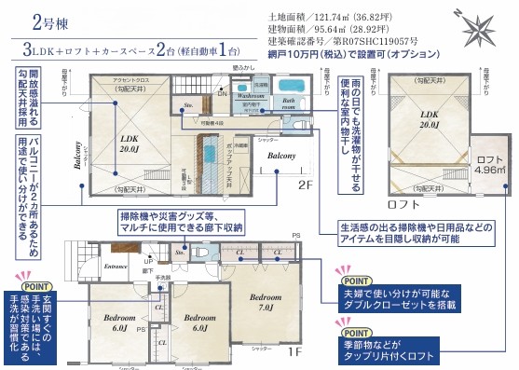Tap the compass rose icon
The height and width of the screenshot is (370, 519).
pyautogui.click(x=483, y=25)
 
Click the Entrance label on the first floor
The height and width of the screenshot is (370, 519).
pyautogui.click(x=116, y=267)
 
